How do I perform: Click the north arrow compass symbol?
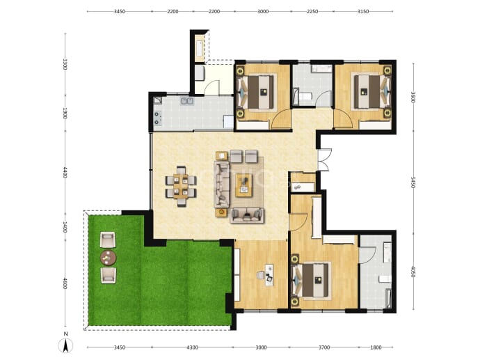point(65,346)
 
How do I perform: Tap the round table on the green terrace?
point(108,258)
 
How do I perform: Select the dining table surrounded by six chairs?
point(181,187)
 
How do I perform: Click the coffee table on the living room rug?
point(243,185)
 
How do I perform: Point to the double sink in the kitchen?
point(186,101)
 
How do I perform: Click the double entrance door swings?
point(324,159)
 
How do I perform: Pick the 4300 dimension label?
point(192,347)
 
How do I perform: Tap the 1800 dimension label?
point(376,347)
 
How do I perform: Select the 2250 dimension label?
point(312,12)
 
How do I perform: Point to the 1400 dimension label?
point(65,227)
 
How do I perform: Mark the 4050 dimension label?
point(413,272)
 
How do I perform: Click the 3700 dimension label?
point(324,347)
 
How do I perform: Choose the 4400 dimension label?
point(65,173)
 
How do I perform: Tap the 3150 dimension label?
point(363,12)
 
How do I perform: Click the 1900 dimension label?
point(65,113)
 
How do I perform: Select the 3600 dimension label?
point(413,97)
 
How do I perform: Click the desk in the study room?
point(269,274)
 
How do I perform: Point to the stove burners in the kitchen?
point(157,118)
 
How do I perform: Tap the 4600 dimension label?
point(65,283)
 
